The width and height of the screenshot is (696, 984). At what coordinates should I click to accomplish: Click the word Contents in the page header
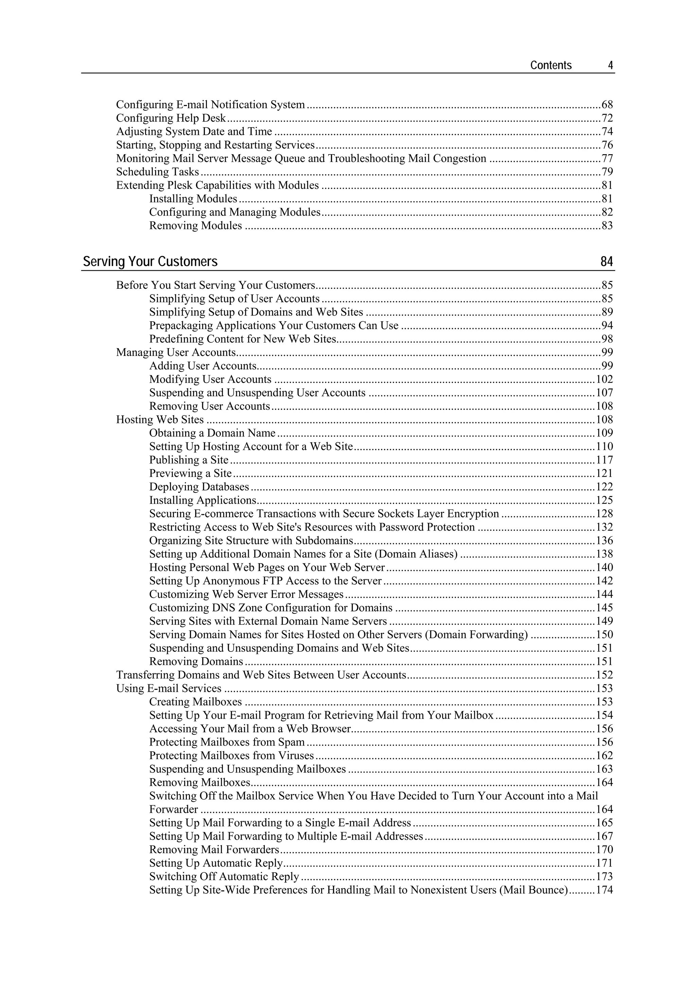[551, 66]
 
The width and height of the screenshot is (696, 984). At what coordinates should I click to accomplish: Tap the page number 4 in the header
[610, 66]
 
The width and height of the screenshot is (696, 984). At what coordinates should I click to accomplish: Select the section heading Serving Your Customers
[150, 262]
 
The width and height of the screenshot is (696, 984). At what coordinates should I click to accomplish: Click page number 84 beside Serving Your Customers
[606, 262]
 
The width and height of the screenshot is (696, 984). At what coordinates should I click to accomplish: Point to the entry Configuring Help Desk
[171, 118]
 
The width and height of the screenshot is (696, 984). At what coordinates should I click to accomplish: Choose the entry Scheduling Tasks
[157, 172]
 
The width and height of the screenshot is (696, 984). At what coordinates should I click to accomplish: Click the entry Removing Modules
[195, 226]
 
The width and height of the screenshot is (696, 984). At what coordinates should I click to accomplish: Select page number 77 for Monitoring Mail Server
[607, 159]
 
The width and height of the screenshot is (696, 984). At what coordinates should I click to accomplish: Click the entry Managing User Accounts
[176, 352]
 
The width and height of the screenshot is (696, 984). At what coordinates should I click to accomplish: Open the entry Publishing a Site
[189, 460]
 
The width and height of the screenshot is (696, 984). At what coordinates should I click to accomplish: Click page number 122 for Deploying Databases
[604, 487]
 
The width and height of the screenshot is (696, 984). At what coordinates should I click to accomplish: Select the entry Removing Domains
[196, 661]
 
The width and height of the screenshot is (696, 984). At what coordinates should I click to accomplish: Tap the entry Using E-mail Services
[169, 688]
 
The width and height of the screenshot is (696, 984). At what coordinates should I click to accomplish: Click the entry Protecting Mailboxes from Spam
[227, 742]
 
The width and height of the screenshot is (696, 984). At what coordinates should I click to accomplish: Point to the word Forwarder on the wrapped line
[174, 809]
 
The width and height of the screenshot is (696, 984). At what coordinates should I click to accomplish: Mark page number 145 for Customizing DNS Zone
[604, 608]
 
